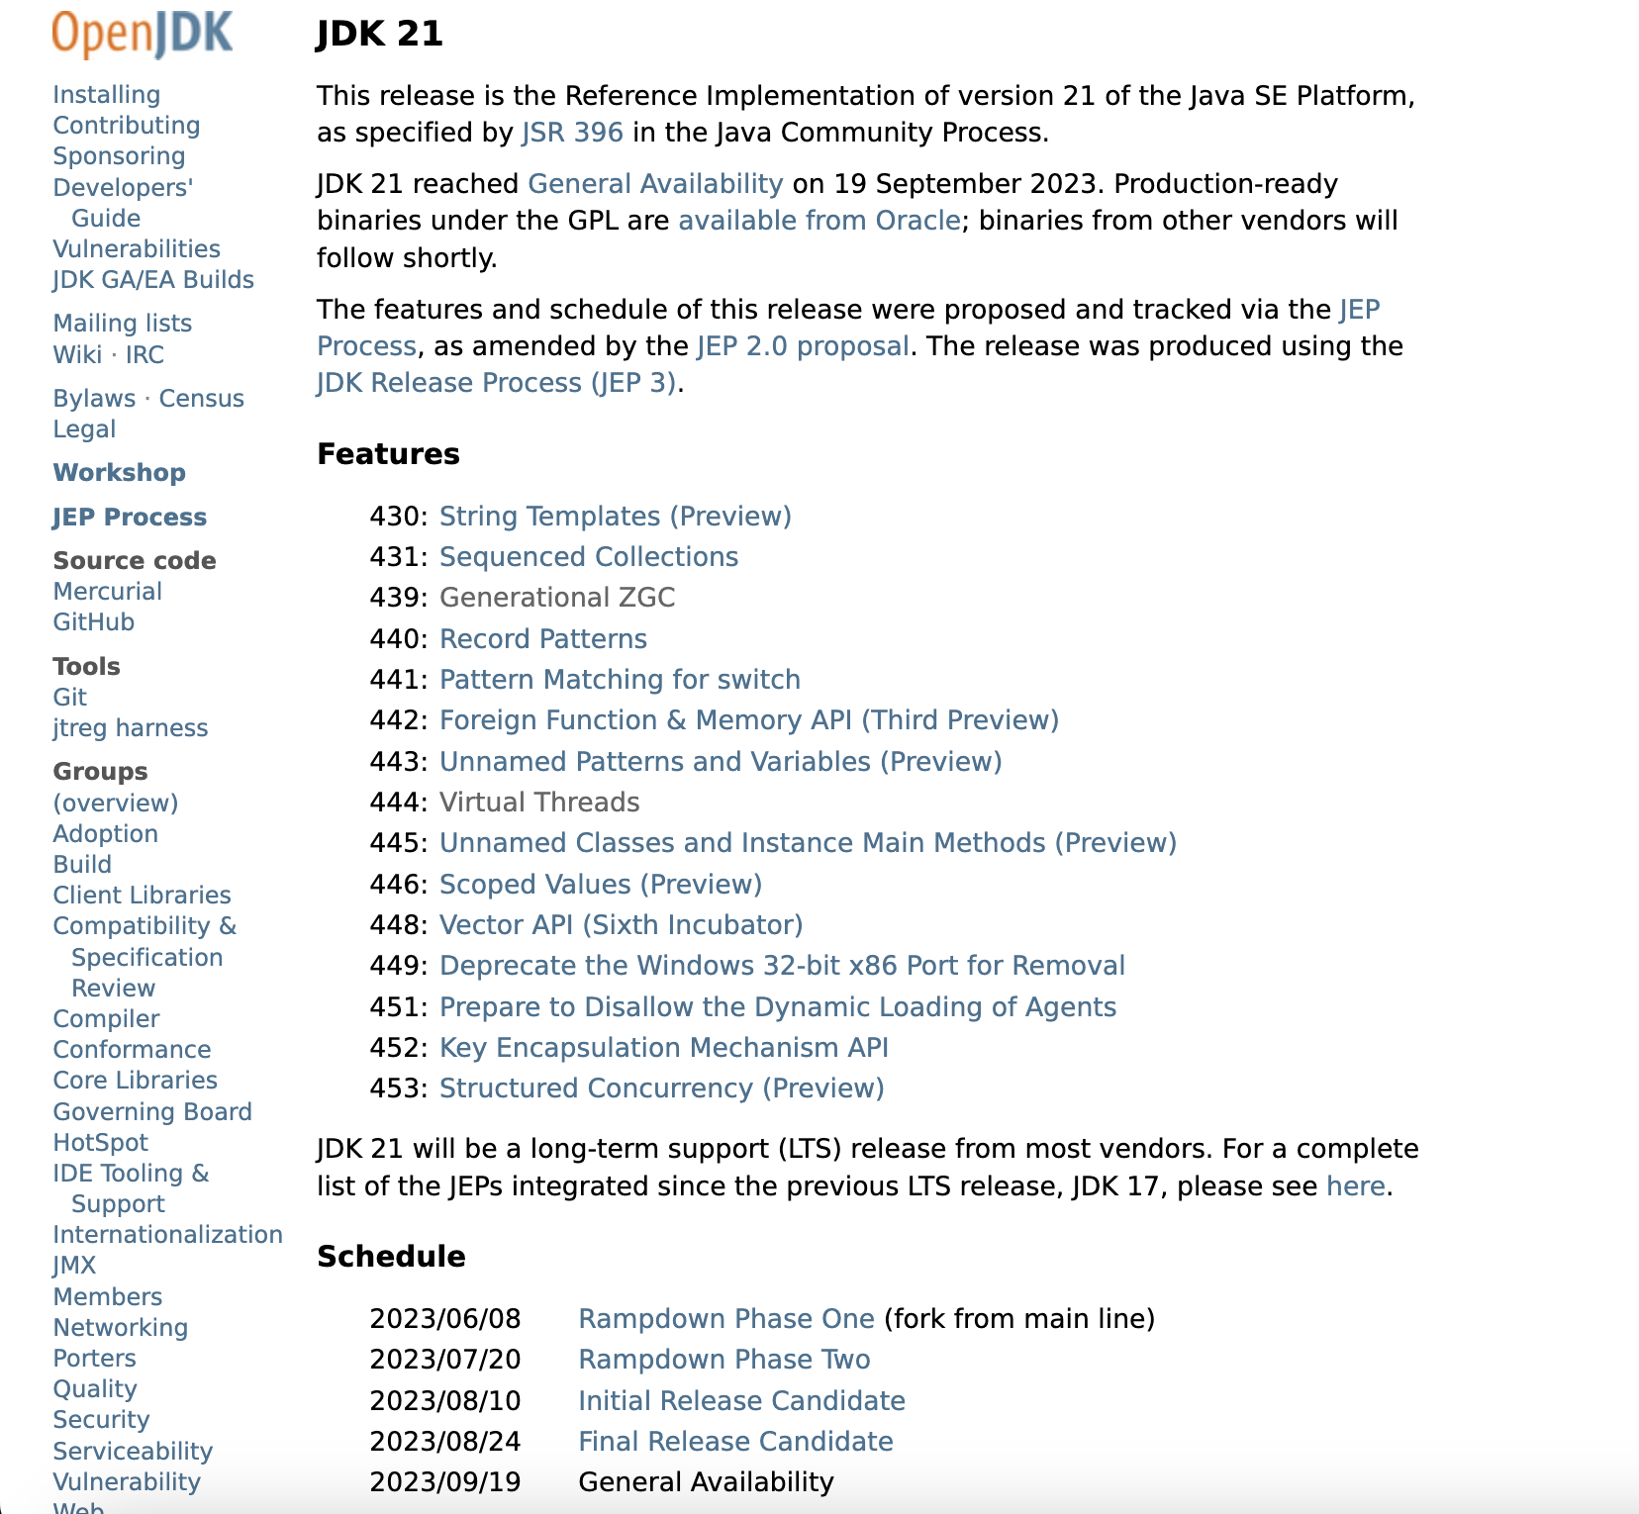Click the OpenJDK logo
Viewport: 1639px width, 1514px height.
143,34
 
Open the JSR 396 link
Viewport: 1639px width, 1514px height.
572,133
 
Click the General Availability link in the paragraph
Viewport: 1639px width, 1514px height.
655,184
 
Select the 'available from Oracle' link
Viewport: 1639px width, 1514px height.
819,221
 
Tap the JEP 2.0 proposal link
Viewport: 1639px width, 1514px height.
803,346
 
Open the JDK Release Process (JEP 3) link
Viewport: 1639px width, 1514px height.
497,383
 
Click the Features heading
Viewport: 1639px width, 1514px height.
388,454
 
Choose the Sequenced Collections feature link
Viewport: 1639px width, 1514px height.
589,557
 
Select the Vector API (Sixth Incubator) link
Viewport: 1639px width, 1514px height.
621,925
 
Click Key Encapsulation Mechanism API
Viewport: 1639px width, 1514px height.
663,1048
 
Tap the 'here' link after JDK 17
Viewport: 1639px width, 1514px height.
1355,1186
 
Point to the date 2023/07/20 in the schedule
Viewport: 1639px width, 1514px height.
444,1360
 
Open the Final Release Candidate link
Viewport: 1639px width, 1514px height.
735,1442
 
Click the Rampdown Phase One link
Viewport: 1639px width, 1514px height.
725,1319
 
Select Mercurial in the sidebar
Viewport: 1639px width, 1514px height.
107,592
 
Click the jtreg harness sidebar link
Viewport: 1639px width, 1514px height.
130,728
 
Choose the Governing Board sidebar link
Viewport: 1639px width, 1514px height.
152,1112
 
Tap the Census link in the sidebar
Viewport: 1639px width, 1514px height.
201,399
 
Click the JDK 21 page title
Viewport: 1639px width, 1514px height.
380,35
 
